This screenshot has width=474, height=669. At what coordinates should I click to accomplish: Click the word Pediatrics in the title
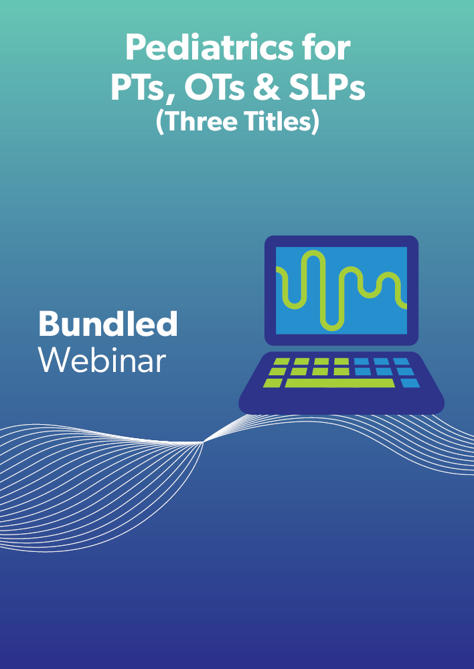click(208, 49)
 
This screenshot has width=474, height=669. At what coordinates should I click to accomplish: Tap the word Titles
click(275, 121)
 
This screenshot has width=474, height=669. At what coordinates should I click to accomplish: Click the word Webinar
click(102, 360)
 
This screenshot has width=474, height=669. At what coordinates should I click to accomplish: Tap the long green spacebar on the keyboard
click(340, 383)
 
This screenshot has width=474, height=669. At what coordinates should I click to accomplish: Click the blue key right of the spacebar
click(410, 383)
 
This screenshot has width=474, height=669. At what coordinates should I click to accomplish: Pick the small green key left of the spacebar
click(272, 383)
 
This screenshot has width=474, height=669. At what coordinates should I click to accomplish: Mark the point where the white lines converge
click(204, 442)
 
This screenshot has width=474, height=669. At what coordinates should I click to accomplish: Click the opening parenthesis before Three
click(161, 122)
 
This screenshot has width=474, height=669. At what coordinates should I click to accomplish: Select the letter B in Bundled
click(48, 324)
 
